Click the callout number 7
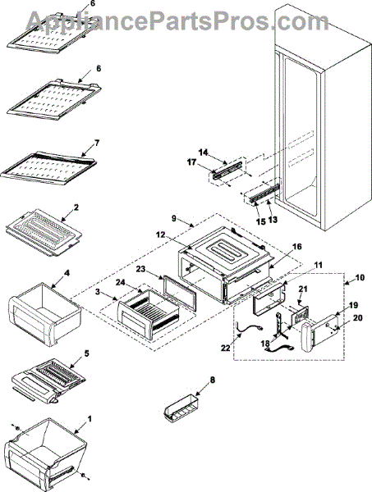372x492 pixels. point(97,143)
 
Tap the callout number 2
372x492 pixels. point(76,207)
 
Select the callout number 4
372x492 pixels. point(67,273)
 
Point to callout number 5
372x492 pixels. point(87,353)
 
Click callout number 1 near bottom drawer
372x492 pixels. point(90,419)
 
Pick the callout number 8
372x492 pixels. point(213,380)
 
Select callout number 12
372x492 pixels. point(161,235)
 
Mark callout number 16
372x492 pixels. point(297,247)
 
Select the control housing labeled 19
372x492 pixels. point(319,332)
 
